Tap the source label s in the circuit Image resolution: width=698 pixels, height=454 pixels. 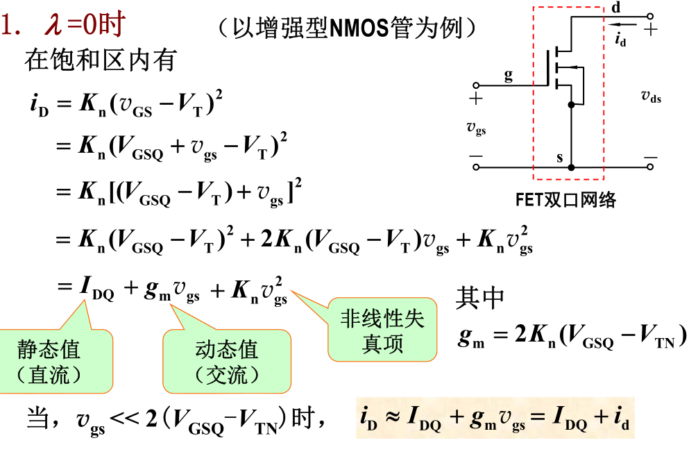(x=560, y=158)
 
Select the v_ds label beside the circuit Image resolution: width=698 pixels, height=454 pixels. (x=650, y=97)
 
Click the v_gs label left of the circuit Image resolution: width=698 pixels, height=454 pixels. (x=476, y=128)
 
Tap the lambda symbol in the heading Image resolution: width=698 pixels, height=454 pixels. (x=53, y=26)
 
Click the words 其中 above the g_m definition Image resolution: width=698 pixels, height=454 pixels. (x=479, y=297)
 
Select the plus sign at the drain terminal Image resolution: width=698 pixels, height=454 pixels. (x=650, y=29)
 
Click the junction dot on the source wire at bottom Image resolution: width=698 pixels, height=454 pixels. (x=571, y=167)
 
